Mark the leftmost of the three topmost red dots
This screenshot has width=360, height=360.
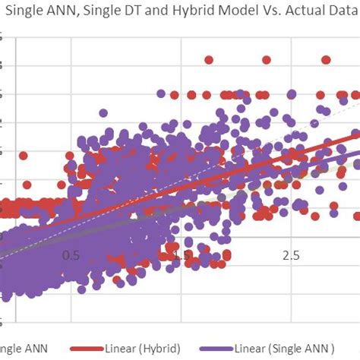pyautogui.click(x=207, y=59)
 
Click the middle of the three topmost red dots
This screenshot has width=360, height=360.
pyautogui.click(x=267, y=59)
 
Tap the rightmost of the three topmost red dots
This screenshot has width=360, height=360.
pyautogui.click(x=326, y=59)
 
